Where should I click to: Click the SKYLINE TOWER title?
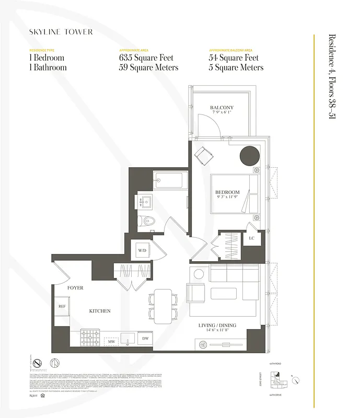coord(62,32)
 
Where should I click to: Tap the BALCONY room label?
coord(222,107)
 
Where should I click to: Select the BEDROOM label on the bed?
coord(227,192)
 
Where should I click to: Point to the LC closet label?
coord(251,238)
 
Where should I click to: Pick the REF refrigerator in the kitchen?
coord(61,307)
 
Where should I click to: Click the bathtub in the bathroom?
coord(170,181)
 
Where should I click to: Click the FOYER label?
coord(75,288)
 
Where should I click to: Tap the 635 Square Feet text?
coord(146,58)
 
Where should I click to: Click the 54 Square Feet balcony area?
coord(233,58)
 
